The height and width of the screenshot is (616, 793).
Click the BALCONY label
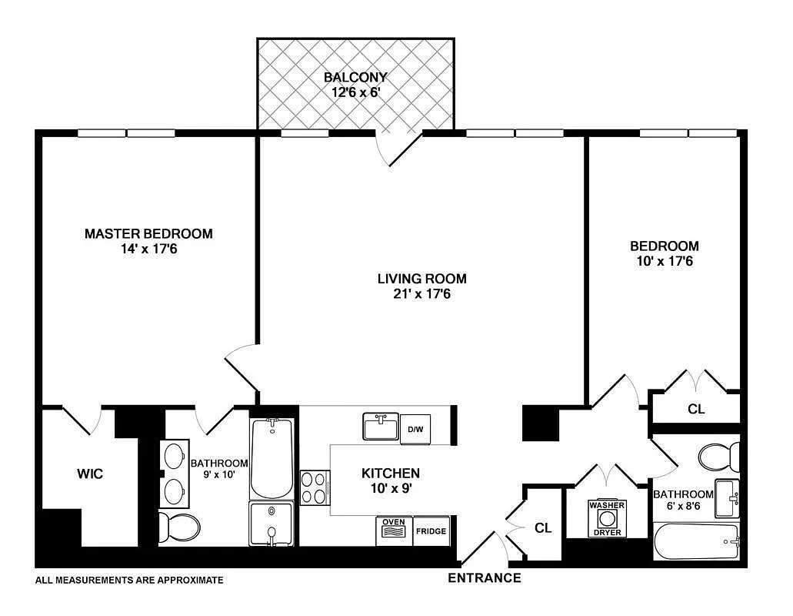tap(355, 77)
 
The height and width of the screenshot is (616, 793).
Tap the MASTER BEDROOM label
tap(148, 233)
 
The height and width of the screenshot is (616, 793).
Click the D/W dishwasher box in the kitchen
tap(415, 428)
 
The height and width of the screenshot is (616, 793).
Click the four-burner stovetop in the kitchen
tap(315, 487)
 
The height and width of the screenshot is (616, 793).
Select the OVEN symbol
tap(394, 531)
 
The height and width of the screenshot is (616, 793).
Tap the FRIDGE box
tap(431, 531)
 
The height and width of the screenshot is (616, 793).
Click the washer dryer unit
tap(607, 518)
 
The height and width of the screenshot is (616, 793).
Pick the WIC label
tap(90, 474)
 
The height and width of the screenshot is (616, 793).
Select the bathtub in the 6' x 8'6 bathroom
tap(697, 543)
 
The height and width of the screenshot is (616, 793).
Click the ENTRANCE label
tap(485, 577)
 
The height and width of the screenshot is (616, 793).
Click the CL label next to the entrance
tap(543, 527)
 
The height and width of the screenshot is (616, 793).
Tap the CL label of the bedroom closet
tap(696, 409)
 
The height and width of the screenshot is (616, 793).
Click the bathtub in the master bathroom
tap(272, 458)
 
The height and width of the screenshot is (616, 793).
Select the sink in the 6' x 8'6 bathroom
tap(728, 498)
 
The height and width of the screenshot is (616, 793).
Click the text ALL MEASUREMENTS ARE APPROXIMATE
tap(129, 580)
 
